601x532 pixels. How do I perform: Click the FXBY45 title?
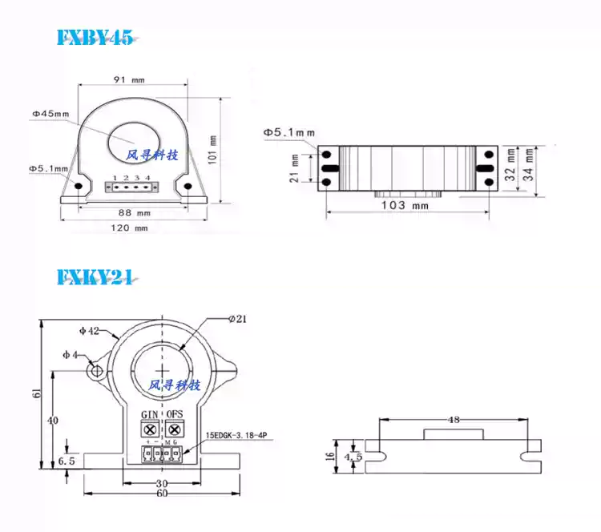(x=95, y=38)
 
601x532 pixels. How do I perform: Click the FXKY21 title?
(x=95, y=277)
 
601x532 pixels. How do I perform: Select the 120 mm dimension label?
(x=131, y=228)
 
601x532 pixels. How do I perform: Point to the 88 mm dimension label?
(x=134, y=213)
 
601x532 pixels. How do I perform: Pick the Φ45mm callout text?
(x=52, y=115)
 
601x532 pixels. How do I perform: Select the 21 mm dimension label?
(x=294, y=168)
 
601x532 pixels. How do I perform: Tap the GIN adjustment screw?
(x=149, y=429)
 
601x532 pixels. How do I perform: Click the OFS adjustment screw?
(x=175, y=429)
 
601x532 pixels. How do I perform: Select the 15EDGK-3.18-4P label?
(x=238, y=437)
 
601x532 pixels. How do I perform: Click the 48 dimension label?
(x=454, y=419)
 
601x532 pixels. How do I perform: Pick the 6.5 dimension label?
(x=67, y=461)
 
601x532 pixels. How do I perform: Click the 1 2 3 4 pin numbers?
(x=131, y=177)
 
